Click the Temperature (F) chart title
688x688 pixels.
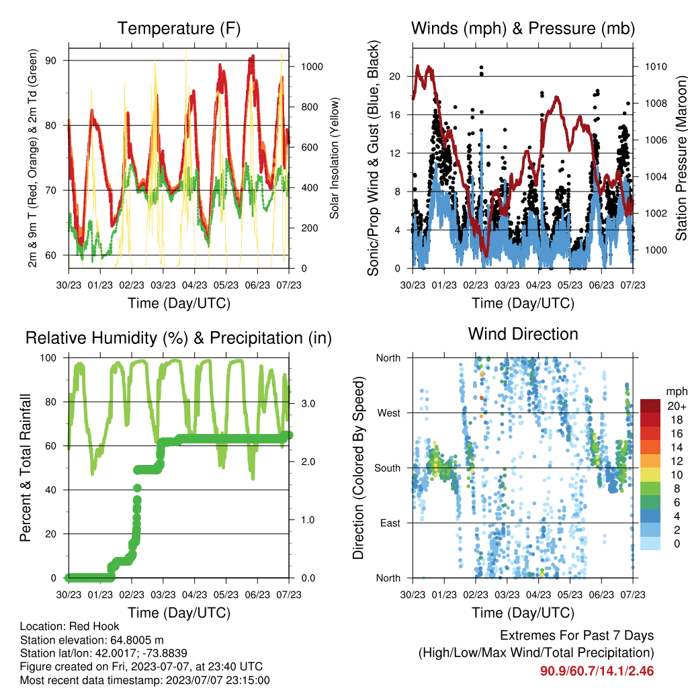[179, 28]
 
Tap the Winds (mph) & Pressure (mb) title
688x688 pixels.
[523, 28]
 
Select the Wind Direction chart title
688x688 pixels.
[523, 334]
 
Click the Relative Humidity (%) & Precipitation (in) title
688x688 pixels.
[179, 339]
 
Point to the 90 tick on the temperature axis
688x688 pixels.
[51, 60]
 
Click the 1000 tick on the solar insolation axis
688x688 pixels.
[312, 67]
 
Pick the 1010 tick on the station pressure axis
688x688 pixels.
[656, 67]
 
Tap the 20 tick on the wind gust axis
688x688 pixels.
[395, 77]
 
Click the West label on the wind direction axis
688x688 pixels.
[389, 413]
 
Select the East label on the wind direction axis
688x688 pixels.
[390, 523]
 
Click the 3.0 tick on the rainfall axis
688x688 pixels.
[308, 404]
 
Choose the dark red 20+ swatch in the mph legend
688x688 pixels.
[650, 406]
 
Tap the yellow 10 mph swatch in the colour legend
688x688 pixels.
[650, 475]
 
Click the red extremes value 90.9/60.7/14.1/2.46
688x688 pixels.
[597, 671]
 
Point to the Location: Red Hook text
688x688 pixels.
[69, 626]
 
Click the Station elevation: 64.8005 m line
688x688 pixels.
[91, 640]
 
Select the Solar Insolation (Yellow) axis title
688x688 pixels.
[335, 158]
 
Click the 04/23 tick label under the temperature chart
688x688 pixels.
[194, 285]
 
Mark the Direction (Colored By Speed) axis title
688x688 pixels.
[359, 468]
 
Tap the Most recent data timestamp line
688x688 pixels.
[145, 680]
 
